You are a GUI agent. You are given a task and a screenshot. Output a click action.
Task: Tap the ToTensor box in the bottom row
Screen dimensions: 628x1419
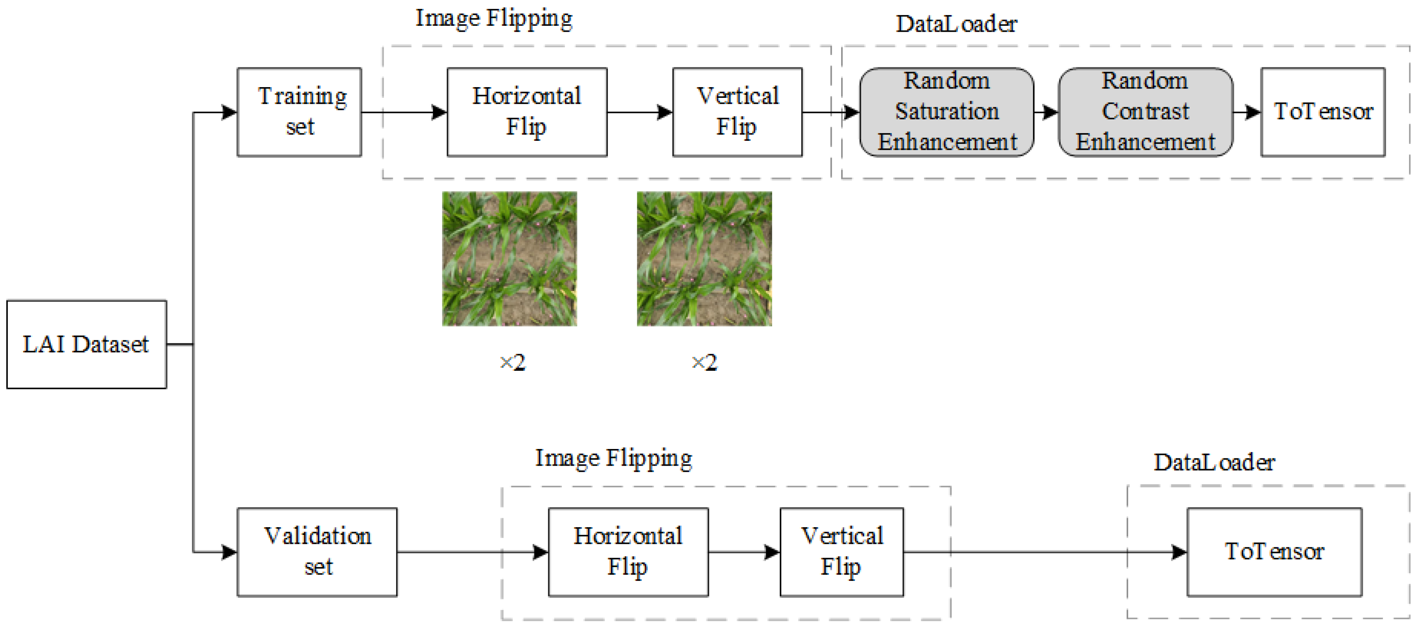click(1274, 552)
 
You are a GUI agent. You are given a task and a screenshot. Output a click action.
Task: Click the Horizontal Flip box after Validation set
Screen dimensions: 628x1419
click(628, 552)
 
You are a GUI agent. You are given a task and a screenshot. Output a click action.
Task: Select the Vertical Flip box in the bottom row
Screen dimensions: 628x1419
click(841, 552)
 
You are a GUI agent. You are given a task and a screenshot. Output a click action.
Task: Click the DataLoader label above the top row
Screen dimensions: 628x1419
click(956, 24)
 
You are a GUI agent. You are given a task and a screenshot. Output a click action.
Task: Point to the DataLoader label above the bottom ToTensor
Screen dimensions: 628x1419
click(1214, 462)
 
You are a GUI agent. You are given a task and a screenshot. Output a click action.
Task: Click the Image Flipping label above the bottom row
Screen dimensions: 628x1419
click(613, 458)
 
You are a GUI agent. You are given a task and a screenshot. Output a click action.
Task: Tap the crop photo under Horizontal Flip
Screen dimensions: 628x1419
click(509, 259)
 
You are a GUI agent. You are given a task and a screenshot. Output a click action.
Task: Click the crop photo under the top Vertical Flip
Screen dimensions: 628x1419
click(704, 259)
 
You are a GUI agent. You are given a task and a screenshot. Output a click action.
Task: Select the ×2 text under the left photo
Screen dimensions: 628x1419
click(512, 363)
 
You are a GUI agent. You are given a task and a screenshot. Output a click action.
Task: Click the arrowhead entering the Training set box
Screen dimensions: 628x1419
click(229, 112)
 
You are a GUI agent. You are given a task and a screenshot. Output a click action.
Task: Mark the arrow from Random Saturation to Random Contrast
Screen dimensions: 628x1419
click(1046, 112)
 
